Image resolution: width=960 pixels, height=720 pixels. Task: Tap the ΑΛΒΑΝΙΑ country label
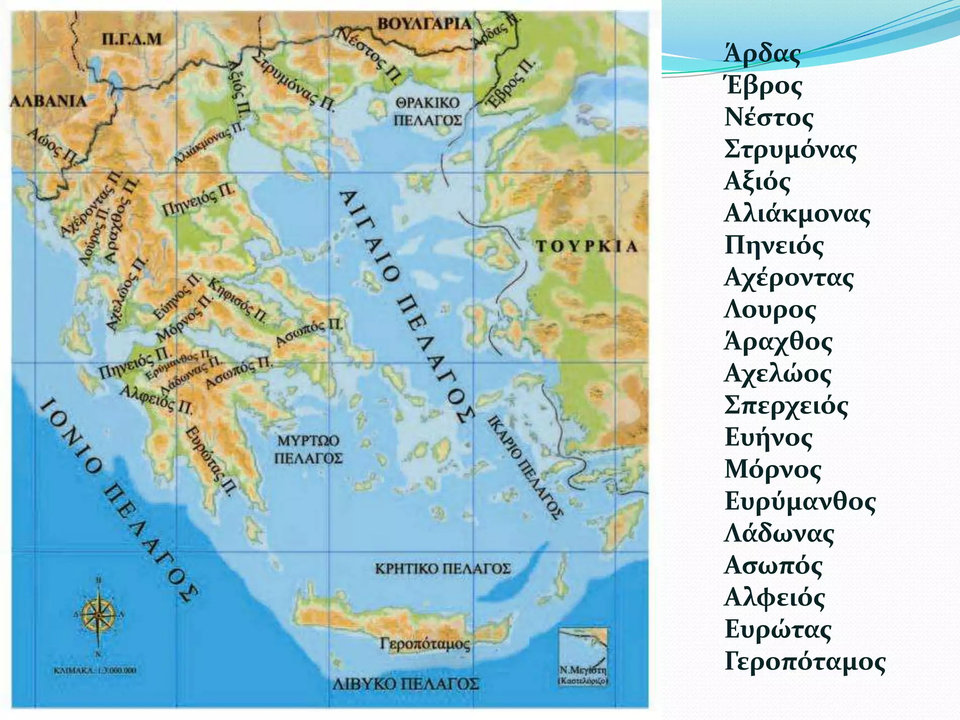[x=48, y=101]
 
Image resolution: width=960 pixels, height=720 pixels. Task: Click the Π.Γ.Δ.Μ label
[x=132, y=39]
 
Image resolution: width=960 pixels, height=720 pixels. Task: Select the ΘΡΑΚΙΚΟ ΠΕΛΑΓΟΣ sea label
[x=427, y=112]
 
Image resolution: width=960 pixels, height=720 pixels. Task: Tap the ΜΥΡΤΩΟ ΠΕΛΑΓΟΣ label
[x=308, y=449]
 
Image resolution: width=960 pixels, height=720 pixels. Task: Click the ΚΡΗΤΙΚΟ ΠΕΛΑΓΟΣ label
[x=442, y=569]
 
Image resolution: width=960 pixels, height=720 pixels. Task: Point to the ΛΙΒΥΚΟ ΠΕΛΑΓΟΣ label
[x=406, y=684]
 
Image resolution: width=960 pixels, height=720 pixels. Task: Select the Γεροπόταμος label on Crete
[x=425, y=644]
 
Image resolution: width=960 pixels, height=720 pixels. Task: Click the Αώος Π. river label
[x=52, y=146]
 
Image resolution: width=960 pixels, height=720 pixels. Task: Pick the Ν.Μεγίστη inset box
[x=583, y=656]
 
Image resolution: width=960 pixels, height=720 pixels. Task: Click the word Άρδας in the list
[x=762, y=53]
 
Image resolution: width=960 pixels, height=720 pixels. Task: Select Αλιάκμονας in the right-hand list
[x=797, y=214]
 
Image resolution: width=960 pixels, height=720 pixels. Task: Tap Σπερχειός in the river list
[x=786, y=406]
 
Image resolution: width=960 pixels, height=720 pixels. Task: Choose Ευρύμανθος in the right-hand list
[x=800, y=502]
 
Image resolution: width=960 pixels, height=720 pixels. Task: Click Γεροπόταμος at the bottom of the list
[x=805, y=662]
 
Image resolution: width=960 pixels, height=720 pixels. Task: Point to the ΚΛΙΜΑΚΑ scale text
[x=95, y=670]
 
